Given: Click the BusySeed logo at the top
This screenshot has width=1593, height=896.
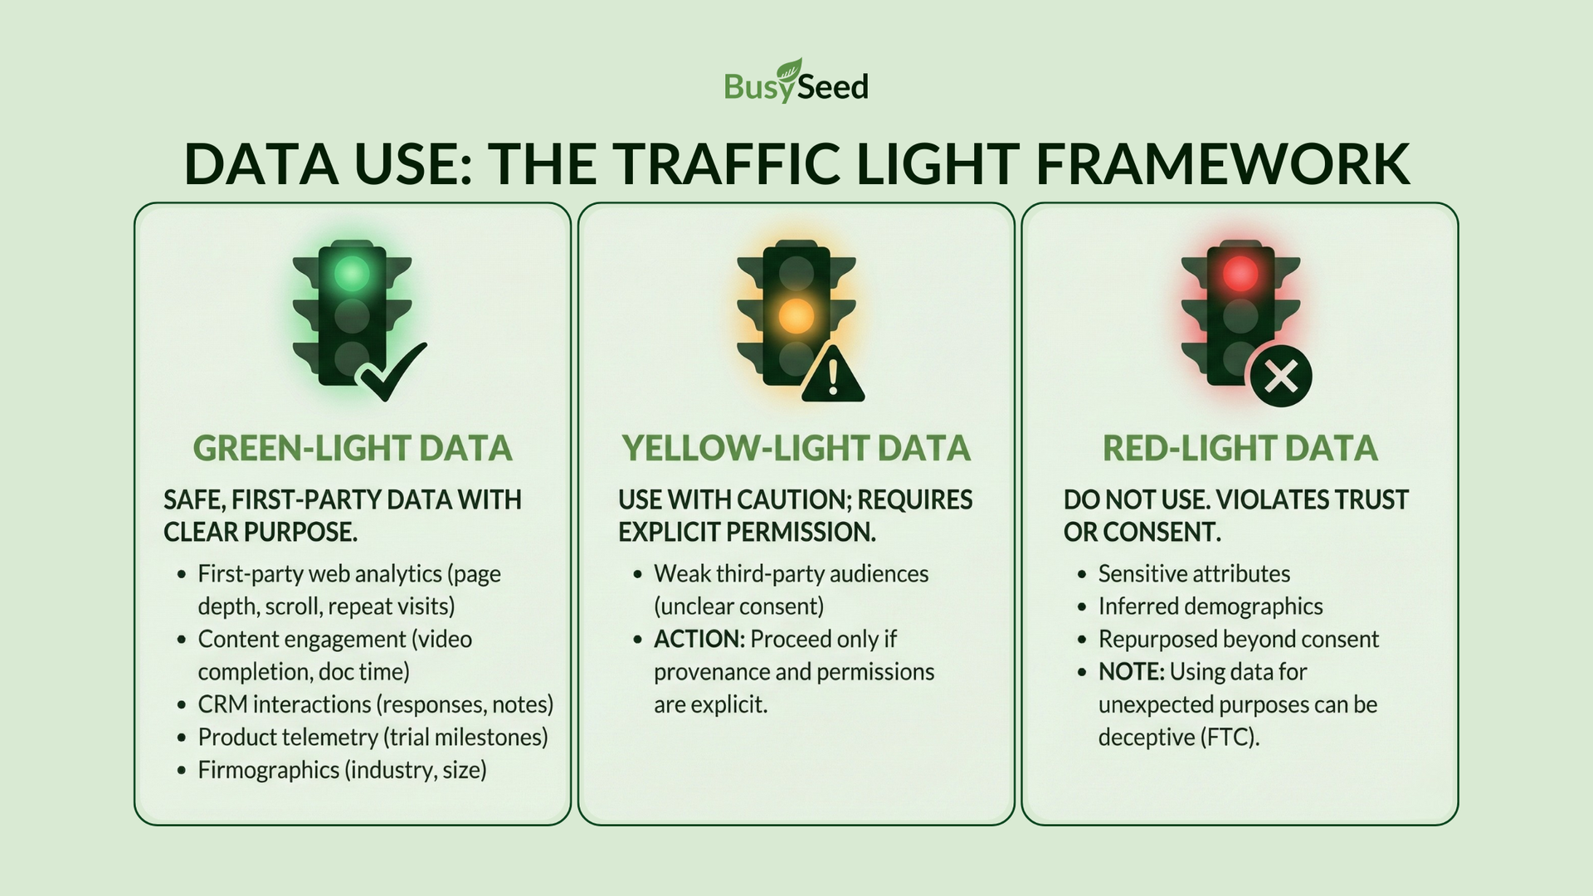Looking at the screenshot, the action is pyautogui.click(x=796, y=81).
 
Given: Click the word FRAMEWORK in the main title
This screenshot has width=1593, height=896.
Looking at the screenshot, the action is pyautogui.click(x=1222, y=163).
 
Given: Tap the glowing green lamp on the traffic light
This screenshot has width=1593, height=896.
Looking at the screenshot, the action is pyautogui.click(x=352, y=273).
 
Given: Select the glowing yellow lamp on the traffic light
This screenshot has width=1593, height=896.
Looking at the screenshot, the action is pyautogui.click(x=796, y=315).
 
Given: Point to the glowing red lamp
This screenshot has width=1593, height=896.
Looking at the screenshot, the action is pyautogui.click(x=1240, y=273).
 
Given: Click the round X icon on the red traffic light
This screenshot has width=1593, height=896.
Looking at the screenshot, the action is pyautogui.click(x=1281, y=377).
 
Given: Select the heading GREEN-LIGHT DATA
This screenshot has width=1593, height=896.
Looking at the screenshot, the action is pyautogui.click(x=353, y=449).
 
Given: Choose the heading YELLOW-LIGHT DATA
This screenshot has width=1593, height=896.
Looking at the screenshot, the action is pyautogui.click(x=796, y=449).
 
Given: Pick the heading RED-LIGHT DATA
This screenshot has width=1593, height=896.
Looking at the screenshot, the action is pyautogui.click(x=1240, y=449).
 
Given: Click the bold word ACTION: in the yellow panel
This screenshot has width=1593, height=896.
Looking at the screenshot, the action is pyautogui.click(x=699, y=639).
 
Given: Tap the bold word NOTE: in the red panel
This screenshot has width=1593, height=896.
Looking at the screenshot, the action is pyautogui.click(x=1132, y=672).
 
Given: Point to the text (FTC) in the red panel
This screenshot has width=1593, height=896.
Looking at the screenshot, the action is pyautogui.click(x=1230, y=737).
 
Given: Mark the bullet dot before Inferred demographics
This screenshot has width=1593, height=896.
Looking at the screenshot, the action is pyautogui.click(x=1082, y=607).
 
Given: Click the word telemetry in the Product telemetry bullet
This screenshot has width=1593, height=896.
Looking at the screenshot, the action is pyautogui.click(x=332, y=738).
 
